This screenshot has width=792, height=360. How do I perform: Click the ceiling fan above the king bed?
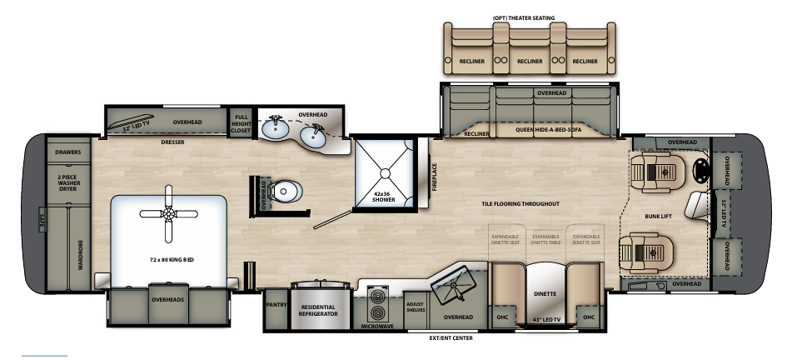pos(170,213)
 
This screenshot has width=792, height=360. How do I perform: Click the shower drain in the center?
pos(384,172)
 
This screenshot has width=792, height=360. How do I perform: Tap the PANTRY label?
pos(276,305)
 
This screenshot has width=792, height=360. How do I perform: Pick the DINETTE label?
pos(545,294)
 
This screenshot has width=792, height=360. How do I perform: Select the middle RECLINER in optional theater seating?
pos(530,61)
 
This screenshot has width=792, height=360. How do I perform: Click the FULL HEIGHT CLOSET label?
pos(242,123)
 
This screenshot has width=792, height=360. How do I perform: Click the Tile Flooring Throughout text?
pos(519,203)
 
